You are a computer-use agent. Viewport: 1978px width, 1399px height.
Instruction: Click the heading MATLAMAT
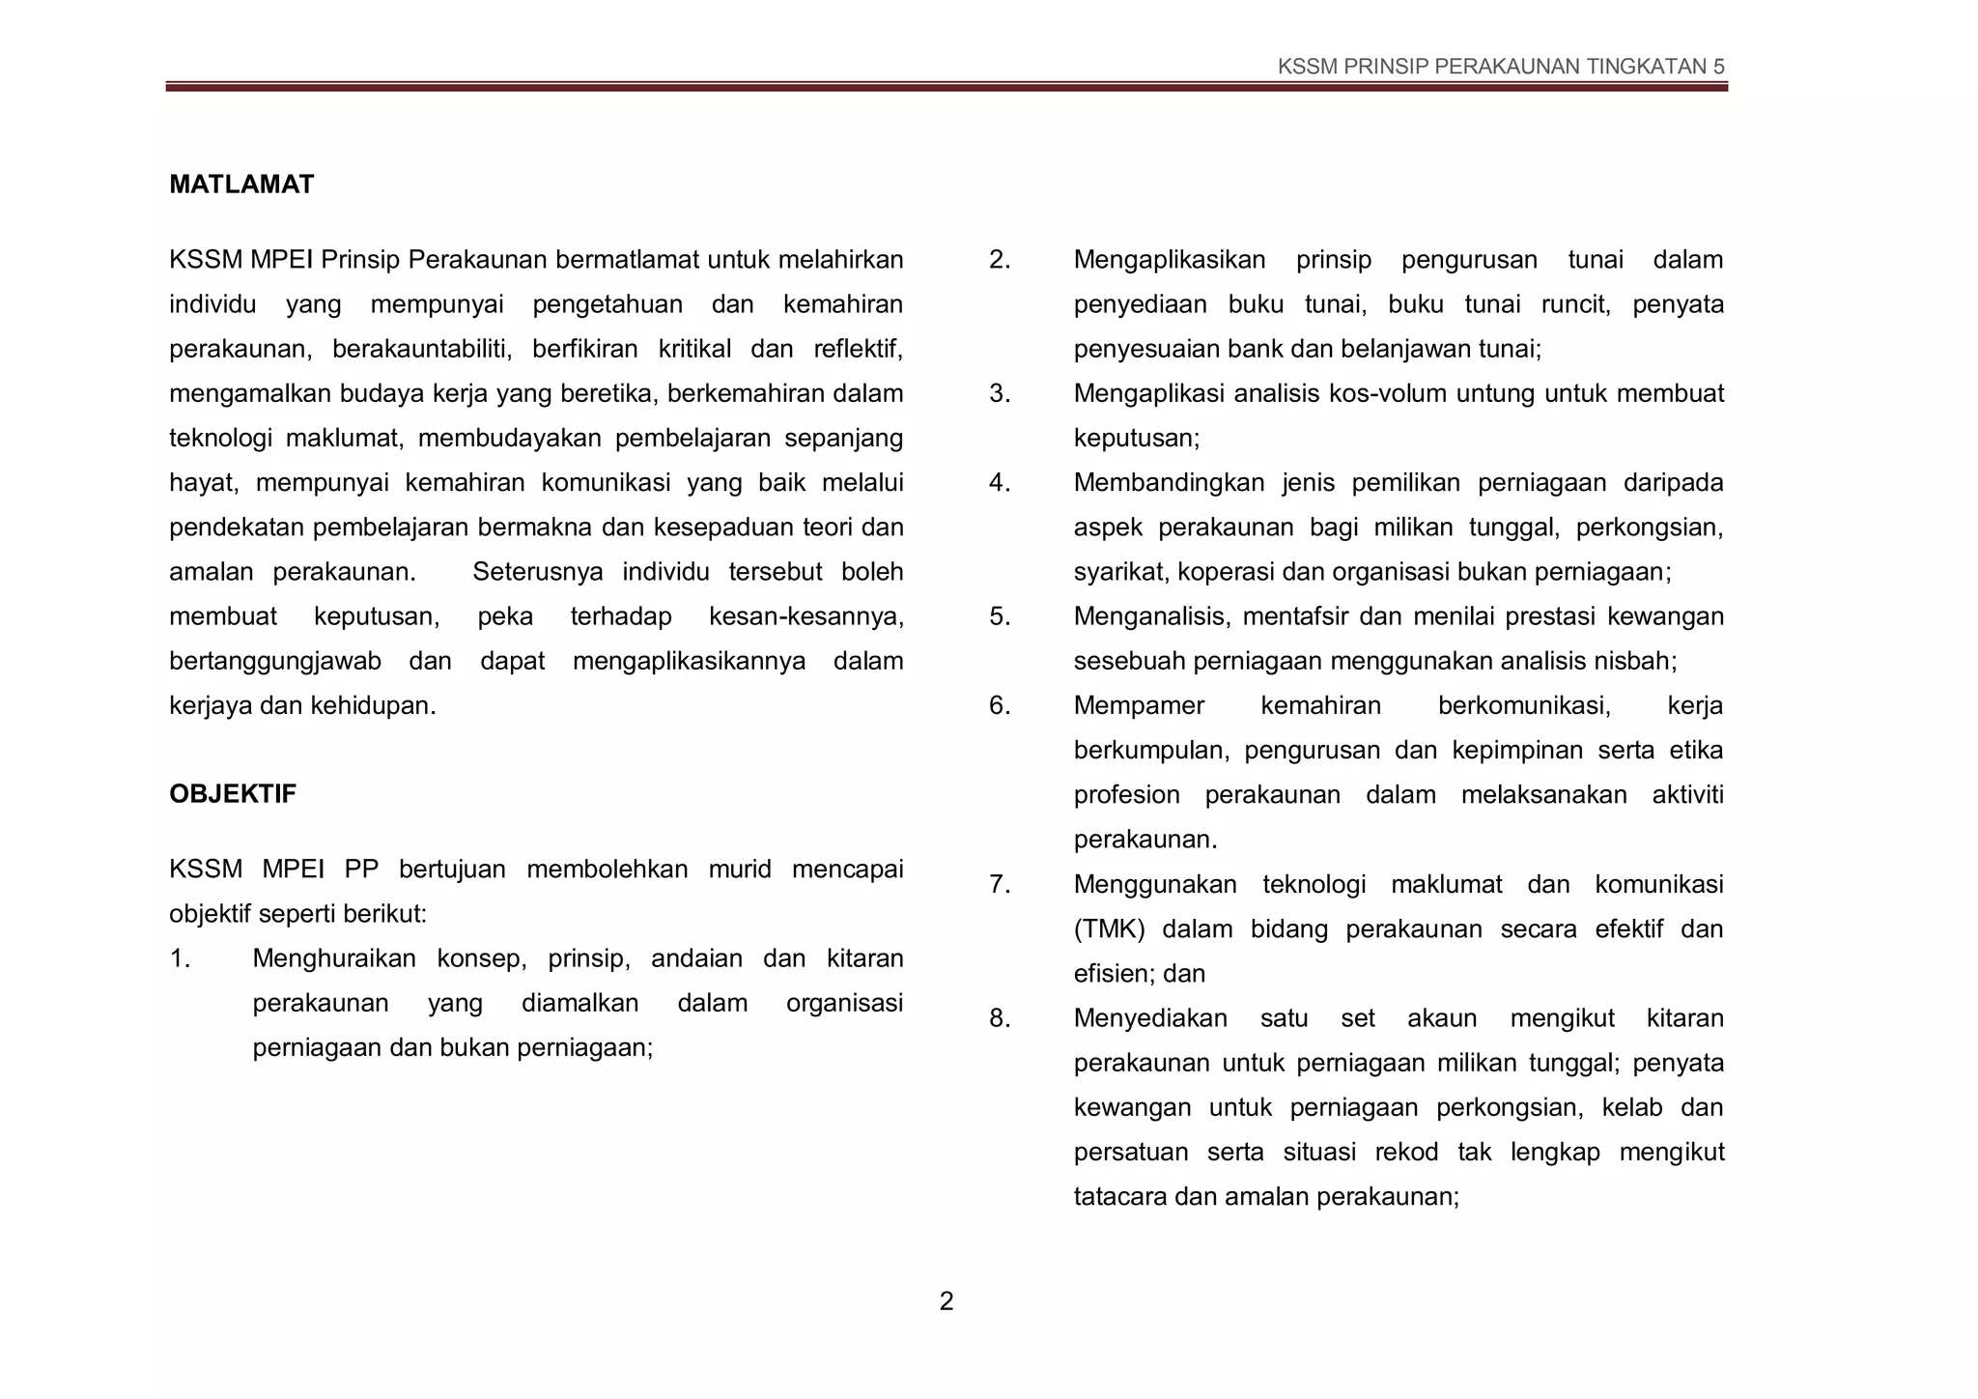click(241, 185)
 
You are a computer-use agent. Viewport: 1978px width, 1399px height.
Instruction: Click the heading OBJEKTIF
click(233, 794)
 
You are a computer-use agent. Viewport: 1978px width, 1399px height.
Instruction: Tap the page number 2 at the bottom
click(946, 1301)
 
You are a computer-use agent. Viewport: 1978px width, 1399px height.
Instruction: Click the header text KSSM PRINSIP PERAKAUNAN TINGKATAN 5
click(1500, 67)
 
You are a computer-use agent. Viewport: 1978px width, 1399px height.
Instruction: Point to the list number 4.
click(999, 483)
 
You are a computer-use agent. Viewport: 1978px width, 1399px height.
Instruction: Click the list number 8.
click(999, 1018)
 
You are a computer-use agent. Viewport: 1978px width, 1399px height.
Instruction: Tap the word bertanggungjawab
click(275, 661)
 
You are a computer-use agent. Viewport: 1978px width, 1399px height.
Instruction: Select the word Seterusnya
click(537, 572)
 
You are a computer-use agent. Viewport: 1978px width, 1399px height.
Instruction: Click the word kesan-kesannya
click(805, 616)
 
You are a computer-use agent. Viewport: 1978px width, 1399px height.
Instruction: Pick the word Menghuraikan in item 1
click(334, 958)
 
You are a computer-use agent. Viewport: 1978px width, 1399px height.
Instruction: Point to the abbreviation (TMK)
click(1109, 929)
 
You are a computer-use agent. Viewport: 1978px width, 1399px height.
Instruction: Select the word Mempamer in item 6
click(1139, 706)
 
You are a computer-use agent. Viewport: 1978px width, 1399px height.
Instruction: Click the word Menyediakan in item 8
click(1150, 1018)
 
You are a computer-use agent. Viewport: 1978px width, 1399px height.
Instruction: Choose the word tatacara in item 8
click(1119, 1197)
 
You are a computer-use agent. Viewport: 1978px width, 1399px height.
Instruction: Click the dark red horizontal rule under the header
click(946, 87)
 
